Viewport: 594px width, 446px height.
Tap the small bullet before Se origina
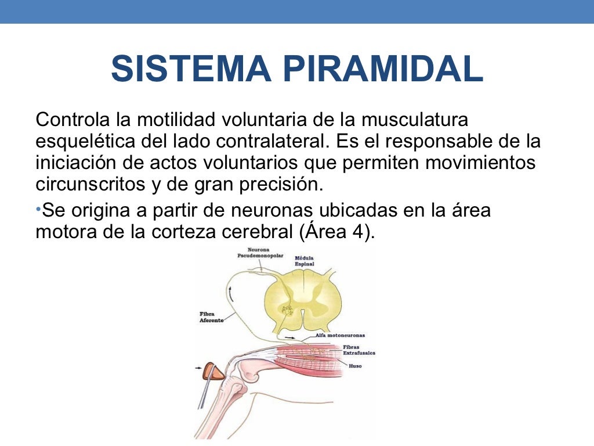38,208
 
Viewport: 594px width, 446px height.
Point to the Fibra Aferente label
211,317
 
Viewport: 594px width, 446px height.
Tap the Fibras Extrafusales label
359,350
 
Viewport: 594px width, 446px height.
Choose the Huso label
355,366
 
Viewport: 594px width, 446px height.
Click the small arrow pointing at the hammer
199,367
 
